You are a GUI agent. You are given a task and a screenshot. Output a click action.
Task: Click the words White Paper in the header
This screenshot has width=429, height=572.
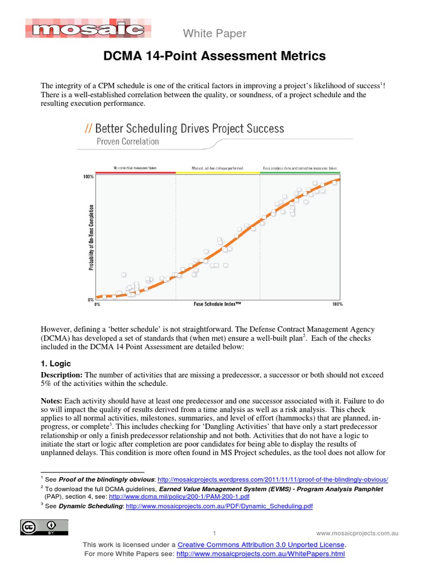[214, 34]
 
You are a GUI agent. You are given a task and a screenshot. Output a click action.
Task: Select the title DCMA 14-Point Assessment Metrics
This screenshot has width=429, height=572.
[214, 56]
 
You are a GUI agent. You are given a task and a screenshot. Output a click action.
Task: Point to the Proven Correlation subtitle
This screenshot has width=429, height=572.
[127, 141]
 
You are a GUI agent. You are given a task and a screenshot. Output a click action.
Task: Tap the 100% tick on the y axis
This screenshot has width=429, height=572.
[89, 177]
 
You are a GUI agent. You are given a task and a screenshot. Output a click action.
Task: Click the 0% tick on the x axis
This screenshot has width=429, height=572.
[97, 304]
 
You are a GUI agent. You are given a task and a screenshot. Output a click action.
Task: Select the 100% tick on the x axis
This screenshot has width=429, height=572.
[337, 304]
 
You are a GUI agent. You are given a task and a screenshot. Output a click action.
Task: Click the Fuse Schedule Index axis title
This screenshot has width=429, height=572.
[218, 304]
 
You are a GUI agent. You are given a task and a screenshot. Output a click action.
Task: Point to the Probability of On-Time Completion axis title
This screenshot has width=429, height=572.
[90, 238]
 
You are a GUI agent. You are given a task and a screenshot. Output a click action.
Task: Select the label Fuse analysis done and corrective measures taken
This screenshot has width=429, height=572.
[299, 168]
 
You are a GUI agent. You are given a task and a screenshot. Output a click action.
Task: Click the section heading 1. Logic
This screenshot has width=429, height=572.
[56, 363]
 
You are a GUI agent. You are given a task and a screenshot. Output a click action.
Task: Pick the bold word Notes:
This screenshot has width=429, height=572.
[52, 401]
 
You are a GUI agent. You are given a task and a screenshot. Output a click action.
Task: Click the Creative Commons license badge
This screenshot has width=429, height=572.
[44, 527]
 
